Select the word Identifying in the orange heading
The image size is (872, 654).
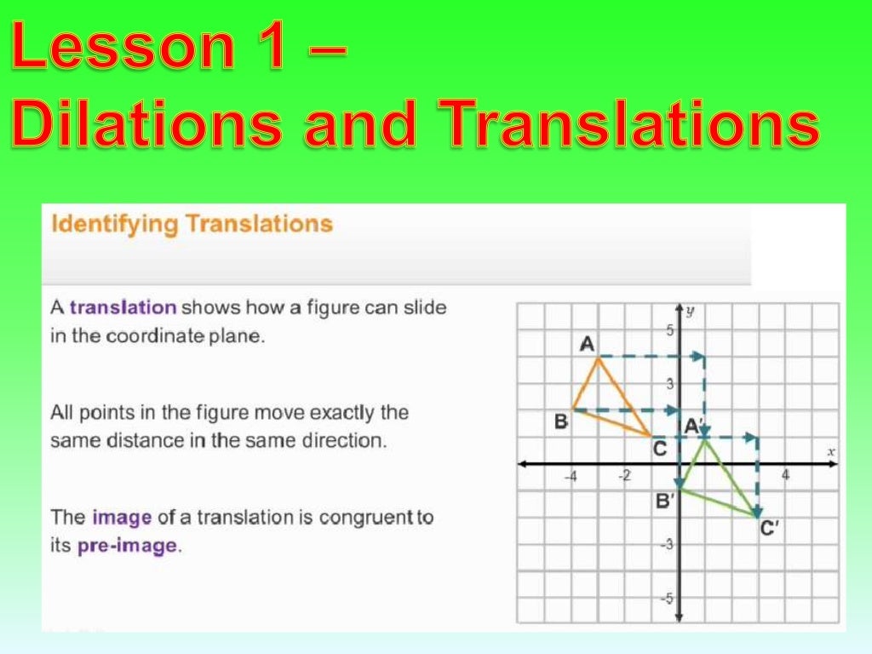pos(114,225)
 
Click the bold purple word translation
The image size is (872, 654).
pos(123,307)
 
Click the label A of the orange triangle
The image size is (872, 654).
pos(587,343)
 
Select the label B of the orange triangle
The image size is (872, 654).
pos(561,421)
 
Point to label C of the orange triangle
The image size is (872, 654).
pos(659,448)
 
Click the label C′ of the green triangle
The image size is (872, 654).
pos(769,529)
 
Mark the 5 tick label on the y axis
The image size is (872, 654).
pos(669,330)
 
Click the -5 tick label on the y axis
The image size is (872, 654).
pos(668,599)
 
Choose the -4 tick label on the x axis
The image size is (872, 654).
pos(571,476)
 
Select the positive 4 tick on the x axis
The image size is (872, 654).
pos(785,475)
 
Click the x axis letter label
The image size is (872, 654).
pos(831,450)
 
